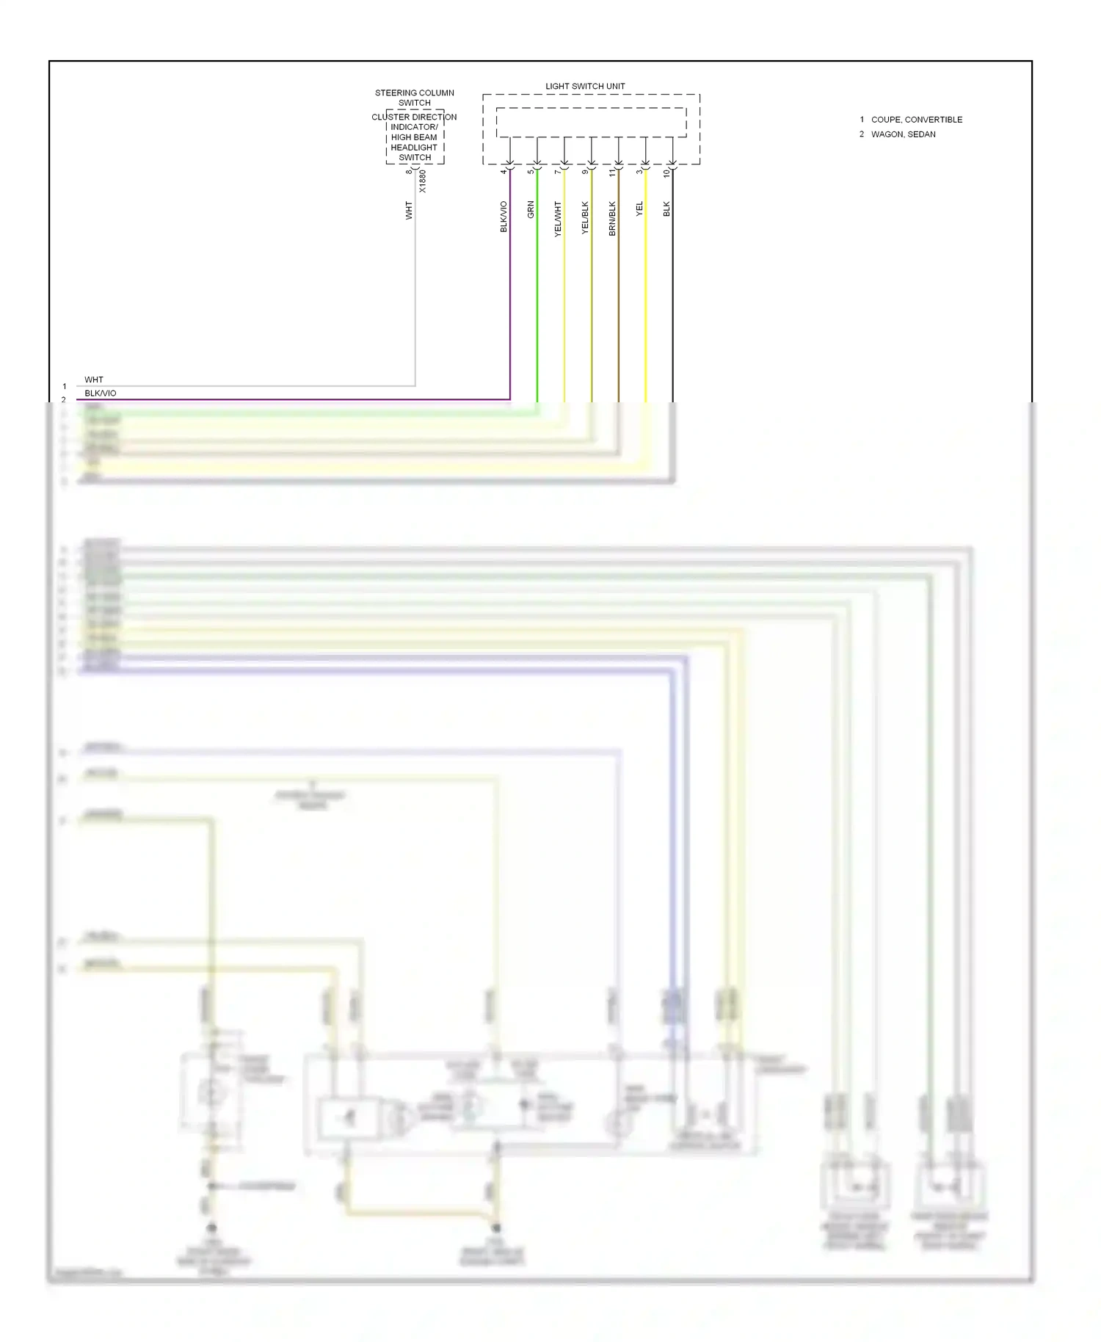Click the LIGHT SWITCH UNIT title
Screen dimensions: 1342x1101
point(585,87)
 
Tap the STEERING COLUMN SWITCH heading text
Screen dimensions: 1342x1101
point(415,98)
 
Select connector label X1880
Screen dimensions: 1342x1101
point(422,181)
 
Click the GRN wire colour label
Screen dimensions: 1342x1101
point(531,210)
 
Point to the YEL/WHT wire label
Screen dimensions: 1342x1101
point(558,219)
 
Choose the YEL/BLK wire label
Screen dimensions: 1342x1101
point(585,218)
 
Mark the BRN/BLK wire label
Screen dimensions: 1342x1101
point(612,219)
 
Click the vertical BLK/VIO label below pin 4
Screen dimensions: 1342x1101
point(504,217)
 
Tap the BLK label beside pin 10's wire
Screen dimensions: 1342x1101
point(666,209)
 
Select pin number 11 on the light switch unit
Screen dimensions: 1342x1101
point(612,173)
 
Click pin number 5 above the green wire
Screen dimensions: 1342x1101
point(530,172)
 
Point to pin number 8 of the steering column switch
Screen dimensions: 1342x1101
point(409,172)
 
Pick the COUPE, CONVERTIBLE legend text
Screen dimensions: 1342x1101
point(916,120)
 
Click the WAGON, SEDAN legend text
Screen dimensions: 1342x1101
point(903,134)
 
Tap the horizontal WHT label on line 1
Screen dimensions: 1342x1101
point(94,380)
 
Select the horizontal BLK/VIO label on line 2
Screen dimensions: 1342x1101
point(101,393)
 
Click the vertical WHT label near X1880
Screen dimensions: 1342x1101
point(409,211)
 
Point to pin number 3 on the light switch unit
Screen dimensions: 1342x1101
point(639,172)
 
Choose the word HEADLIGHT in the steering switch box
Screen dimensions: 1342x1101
point(414,148)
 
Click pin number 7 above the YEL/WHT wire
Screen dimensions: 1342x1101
point(558,172)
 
